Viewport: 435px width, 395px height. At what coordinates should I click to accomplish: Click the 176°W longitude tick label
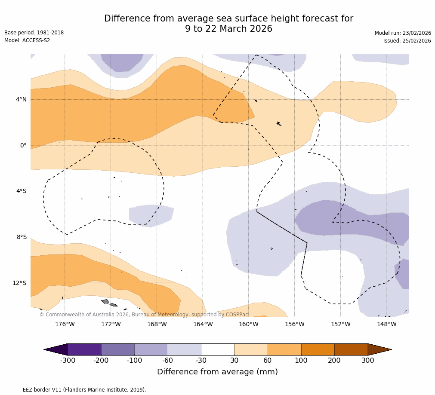click(x=65, y=324)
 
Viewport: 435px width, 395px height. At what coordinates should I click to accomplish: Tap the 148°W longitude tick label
click(x=386, y=324)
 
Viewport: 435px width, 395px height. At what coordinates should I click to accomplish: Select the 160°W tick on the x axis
click(x=248, y=324)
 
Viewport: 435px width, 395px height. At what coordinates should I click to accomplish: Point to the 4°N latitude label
click(x=21, y=99)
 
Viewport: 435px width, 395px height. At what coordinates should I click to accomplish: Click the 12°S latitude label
click(x=19, y=283)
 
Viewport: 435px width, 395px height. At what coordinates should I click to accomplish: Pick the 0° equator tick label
click(x=23, y=145)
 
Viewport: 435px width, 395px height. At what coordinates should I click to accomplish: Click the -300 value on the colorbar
click(x=68, y=360)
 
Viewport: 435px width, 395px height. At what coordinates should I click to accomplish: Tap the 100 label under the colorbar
click(x=301, y=360)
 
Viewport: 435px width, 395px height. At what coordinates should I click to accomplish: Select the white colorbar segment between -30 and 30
click(x=218, y=349)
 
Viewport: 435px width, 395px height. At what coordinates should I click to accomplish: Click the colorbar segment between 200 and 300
click(x=351, y=349)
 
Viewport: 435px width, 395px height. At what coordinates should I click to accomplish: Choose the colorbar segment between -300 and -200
click(x=84, y=349)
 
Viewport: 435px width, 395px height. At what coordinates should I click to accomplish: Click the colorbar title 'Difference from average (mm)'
click(x=217, y=372)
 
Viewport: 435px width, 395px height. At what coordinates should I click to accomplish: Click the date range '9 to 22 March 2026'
click(x=228, y=29)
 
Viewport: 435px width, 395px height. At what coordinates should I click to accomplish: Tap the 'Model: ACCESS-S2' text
click(x=27, y=40)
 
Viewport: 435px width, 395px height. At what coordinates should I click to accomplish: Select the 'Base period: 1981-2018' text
click(x=34, y=33)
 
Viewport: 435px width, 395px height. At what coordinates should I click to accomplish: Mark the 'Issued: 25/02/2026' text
click(x=407, y=41)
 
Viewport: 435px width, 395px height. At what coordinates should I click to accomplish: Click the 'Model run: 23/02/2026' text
click(x=402, y=33)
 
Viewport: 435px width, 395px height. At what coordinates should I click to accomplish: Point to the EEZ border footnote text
click(x=75, y=390)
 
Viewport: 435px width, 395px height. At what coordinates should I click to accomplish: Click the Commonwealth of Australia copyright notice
click(x=144, y=315)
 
